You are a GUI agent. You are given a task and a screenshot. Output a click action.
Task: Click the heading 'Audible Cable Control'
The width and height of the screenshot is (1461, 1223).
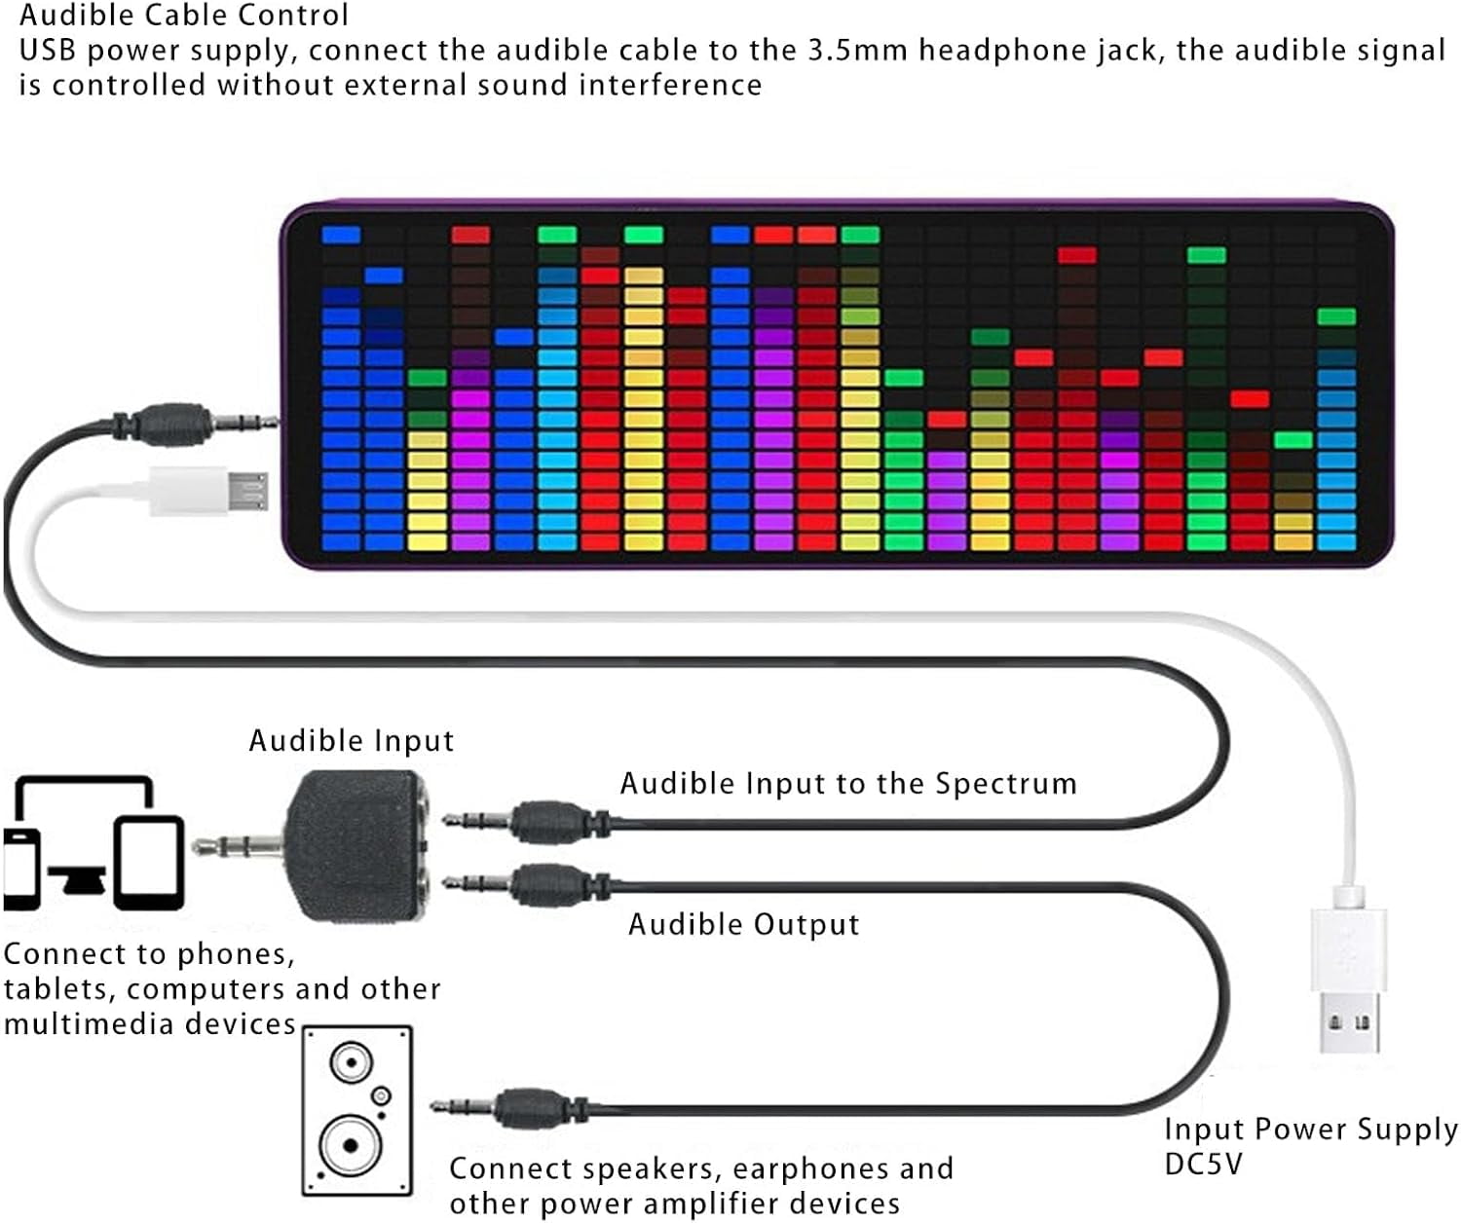pos(184,16)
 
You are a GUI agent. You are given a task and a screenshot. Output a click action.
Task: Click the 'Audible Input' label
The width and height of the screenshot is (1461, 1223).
pos(351,741)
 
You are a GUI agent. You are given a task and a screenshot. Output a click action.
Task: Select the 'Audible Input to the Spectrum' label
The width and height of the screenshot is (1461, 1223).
pos(848,784)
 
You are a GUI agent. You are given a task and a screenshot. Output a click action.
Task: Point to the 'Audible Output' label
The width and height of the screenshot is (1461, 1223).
pos(743,924)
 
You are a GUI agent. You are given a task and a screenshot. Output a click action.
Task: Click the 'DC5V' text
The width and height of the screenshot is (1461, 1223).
pos(1204,1165)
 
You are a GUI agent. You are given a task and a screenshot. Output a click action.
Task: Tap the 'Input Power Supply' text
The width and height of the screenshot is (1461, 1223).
pos(1311,1130)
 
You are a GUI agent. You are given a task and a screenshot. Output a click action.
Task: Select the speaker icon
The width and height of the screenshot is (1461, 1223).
pos(356,1111)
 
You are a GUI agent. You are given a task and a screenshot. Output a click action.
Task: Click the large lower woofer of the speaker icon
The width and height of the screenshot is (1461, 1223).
pos(350,1146)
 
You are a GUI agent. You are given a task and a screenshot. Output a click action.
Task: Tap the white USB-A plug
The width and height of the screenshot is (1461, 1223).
pos(1349,983)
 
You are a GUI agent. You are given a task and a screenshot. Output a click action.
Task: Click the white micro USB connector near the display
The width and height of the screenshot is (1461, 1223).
pos(210,490)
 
